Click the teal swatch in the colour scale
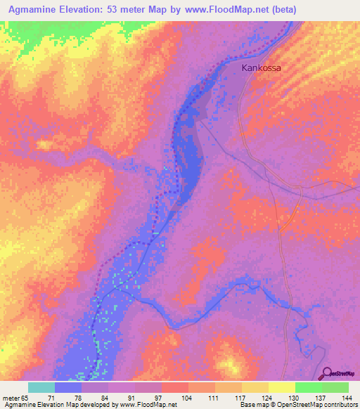click(41, 387)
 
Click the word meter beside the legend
click(11, 397)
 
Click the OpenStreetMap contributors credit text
click(328, 405)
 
